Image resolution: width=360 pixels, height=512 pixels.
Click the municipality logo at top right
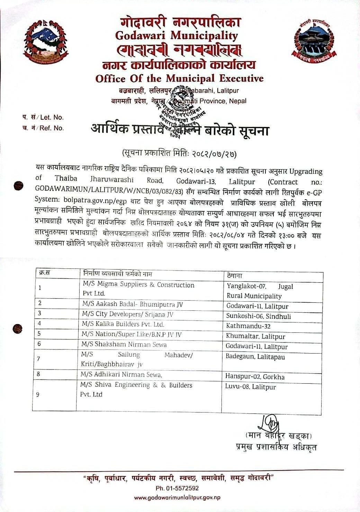[314, 41]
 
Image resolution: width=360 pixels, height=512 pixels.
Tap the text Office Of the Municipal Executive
[179, 78]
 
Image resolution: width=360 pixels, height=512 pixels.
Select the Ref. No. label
[52, 128]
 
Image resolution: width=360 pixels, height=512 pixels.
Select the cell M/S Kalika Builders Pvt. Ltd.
[123, 324]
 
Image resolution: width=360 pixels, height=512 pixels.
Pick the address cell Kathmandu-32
[248, 326]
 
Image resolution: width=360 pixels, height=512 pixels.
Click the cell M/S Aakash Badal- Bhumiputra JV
[132, 304]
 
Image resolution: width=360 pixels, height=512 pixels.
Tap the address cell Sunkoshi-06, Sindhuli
[259, 316]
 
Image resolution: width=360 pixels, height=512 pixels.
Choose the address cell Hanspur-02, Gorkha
[255, 377]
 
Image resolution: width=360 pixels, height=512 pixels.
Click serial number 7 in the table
[38, 359]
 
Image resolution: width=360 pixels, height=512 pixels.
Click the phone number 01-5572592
[177, 488]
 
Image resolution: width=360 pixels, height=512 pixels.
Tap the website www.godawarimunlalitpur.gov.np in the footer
[177, 497]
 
